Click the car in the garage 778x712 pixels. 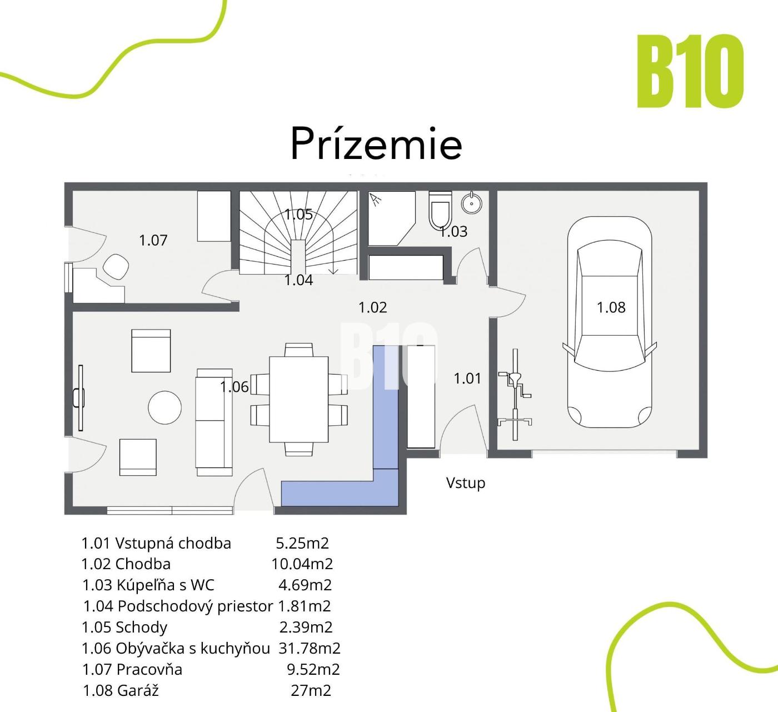click(x=609, y=322)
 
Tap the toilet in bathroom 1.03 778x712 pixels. click(x=440, y=209)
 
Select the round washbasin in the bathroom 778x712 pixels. click(x=472, y=202)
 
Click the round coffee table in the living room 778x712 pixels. click(x=165, y=407)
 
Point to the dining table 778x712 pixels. click(x=298, y=399)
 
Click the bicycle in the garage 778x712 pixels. click(x=515, y=395)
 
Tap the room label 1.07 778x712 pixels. click(x=153, y=241)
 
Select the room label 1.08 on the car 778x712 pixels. click(x=611, y=308)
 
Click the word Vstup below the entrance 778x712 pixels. click(x=465, y=483)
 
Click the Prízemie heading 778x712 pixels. click(x=376, y=143)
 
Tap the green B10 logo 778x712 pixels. click(x=690, y=71)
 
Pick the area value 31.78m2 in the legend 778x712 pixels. click(x=310, y=648)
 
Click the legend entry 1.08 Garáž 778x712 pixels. click(x=121, y=690)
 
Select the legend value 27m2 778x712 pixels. click(x=311, y=690)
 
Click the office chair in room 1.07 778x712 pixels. click(x=116, y=266)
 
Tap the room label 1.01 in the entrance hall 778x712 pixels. click(x=467, y=379)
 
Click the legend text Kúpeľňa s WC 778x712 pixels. click(x=166, y=585)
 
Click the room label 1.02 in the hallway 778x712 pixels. click(x=373, y=307)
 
